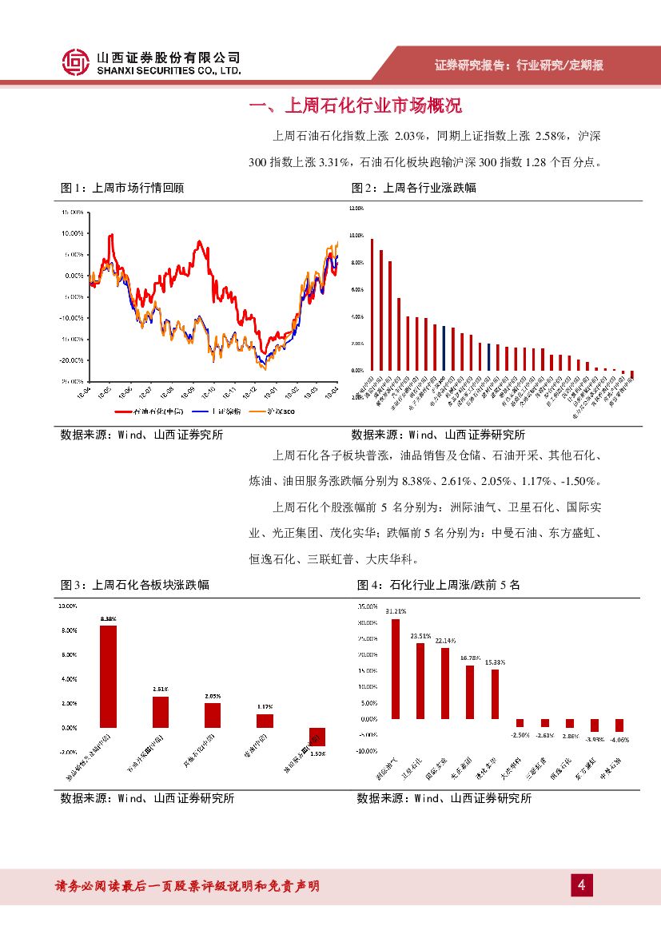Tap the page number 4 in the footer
pos(582,885)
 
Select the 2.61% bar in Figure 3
pos(161,711)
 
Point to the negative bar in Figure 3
pos(317,736)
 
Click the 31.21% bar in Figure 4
pos(395,669)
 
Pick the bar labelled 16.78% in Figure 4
pos(470,692)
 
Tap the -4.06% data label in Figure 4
pos(619,740)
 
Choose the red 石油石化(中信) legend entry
pos(147,411)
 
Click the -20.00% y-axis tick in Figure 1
pos(73,360)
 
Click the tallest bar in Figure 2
pos(372,304)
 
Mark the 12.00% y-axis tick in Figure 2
pos(356,208)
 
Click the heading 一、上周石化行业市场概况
pos(356,105)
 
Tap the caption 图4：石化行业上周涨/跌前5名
pos(438,585)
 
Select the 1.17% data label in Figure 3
pos(265,706)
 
